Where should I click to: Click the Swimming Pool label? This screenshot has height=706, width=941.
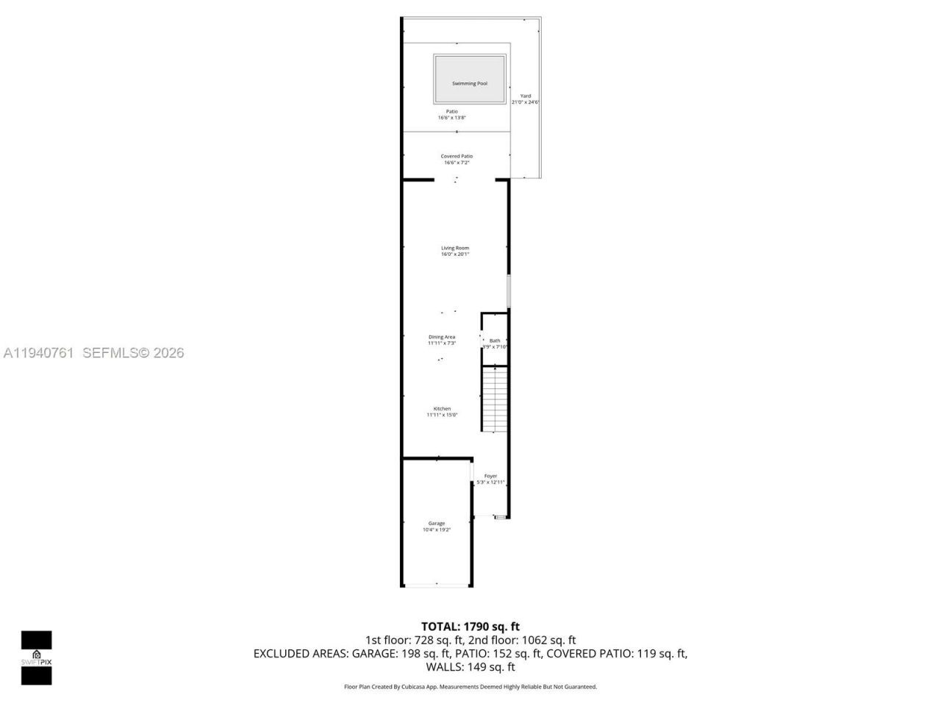coord(470,84)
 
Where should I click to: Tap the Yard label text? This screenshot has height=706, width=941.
coord(526,96)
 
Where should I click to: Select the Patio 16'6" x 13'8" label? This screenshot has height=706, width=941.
coord(452,115)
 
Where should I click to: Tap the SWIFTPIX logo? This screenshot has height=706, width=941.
coord(36,657)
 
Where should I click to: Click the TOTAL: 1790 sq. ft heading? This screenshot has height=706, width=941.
coord(470,627)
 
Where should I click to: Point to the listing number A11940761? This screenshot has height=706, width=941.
coord(38,353)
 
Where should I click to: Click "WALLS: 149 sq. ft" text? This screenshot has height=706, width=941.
coord(470,667)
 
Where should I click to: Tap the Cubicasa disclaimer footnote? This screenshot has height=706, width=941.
coord(470,687)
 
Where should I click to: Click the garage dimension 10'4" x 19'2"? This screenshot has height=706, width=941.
coord(437,529)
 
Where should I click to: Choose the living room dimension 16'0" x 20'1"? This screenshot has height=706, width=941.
coord(455,254)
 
